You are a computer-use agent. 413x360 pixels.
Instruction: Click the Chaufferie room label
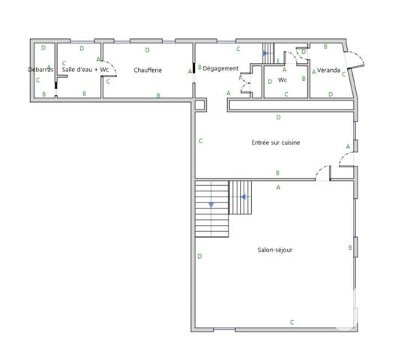148,70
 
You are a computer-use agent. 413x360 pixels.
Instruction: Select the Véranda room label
328,70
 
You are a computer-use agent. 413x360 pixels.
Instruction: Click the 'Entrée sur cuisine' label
275,142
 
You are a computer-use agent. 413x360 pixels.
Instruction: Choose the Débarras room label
40,70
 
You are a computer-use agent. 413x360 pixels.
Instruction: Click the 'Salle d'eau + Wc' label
85,70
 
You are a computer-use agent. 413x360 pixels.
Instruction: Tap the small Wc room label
283,79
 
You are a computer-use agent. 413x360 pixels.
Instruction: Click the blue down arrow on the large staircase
211,203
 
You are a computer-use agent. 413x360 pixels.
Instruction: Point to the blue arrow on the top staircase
265,53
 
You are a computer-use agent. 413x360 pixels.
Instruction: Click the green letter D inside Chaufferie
147,50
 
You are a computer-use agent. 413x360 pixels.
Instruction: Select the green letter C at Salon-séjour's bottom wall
292,322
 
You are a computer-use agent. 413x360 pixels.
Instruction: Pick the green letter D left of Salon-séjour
199,256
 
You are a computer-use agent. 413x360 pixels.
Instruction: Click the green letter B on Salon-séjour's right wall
350,247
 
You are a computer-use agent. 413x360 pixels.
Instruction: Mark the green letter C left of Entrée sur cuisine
201,140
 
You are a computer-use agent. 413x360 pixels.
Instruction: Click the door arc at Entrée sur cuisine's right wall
343,160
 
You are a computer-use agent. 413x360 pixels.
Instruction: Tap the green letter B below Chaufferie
158,94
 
